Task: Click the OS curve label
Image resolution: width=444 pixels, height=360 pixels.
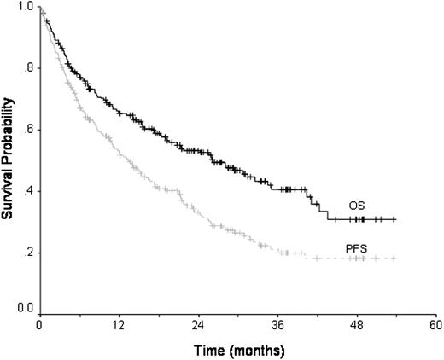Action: [x=357, y=206]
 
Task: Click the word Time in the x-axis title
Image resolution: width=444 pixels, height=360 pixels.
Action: [x=204, y=350]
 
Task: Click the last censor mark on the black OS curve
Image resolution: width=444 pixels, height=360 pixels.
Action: [x=394, y=219]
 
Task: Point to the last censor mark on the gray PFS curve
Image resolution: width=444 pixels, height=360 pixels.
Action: [x=394, y=258]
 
